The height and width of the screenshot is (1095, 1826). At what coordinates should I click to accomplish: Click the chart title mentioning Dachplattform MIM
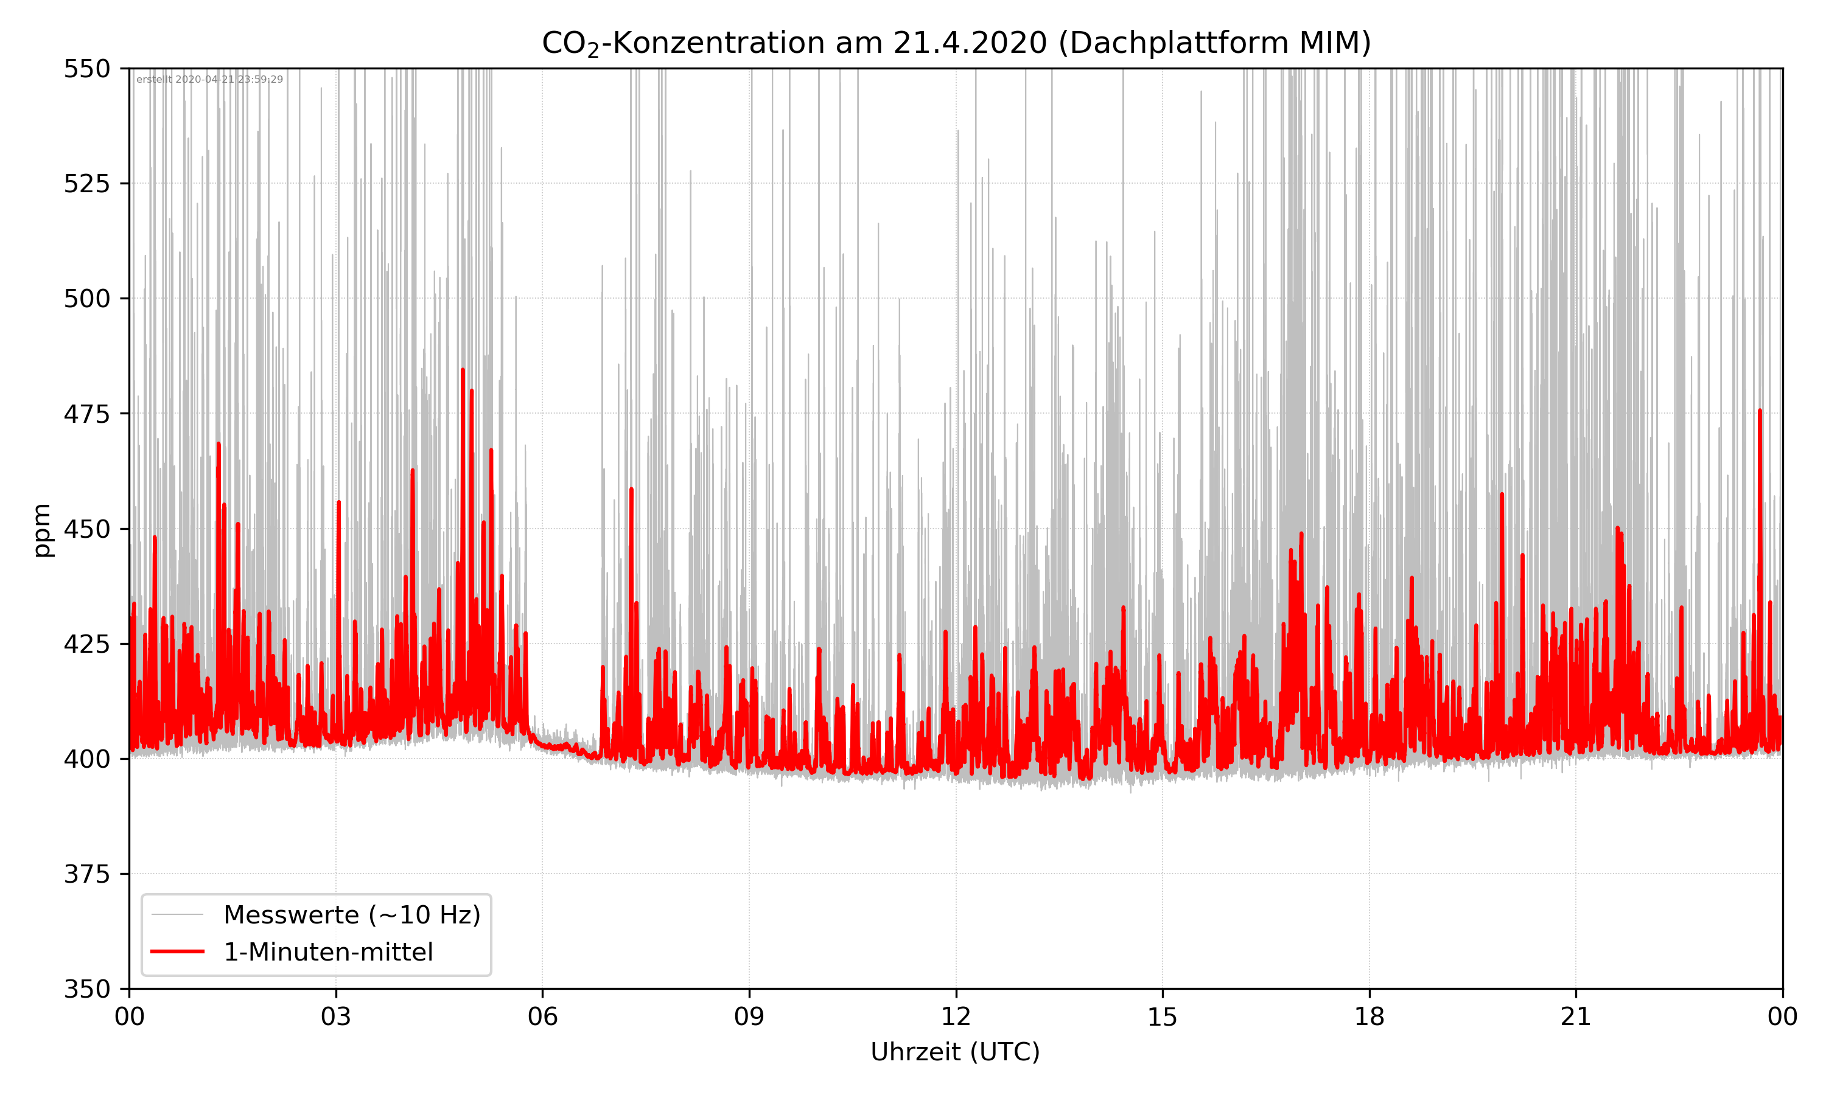click(956, 43)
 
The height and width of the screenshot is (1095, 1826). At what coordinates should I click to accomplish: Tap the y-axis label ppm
click(42, 530)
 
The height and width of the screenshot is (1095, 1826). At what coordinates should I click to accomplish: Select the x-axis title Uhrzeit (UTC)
click(955, 1051)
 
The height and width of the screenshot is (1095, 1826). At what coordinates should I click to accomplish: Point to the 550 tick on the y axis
click(86, 69)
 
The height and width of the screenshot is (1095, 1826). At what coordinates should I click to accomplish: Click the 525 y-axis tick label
click(86, 184)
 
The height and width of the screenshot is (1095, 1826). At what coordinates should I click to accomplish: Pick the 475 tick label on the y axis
click(86, 414)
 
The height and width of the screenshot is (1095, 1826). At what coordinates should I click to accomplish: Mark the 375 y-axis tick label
click(86, 874)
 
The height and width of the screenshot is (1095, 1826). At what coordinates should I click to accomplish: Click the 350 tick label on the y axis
click(86, 990)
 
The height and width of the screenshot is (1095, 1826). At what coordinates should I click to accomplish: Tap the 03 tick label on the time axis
click(336, 1017)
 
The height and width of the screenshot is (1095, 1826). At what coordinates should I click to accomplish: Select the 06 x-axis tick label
click(542, 1017)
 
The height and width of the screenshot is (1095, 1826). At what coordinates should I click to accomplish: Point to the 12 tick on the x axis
click(956, 1017)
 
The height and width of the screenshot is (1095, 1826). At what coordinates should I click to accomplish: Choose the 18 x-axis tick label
click(1369, 1017)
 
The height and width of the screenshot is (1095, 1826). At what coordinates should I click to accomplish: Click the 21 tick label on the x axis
click(1576, 1017)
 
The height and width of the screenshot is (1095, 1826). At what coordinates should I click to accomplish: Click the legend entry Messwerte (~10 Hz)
click(351, 915)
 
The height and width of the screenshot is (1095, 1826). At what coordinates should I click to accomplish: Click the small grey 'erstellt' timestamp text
click(209, 80)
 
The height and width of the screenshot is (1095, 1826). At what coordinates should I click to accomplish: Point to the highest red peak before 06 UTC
click(463, 370)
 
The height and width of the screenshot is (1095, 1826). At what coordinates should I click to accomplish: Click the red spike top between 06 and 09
click(631, 488)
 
